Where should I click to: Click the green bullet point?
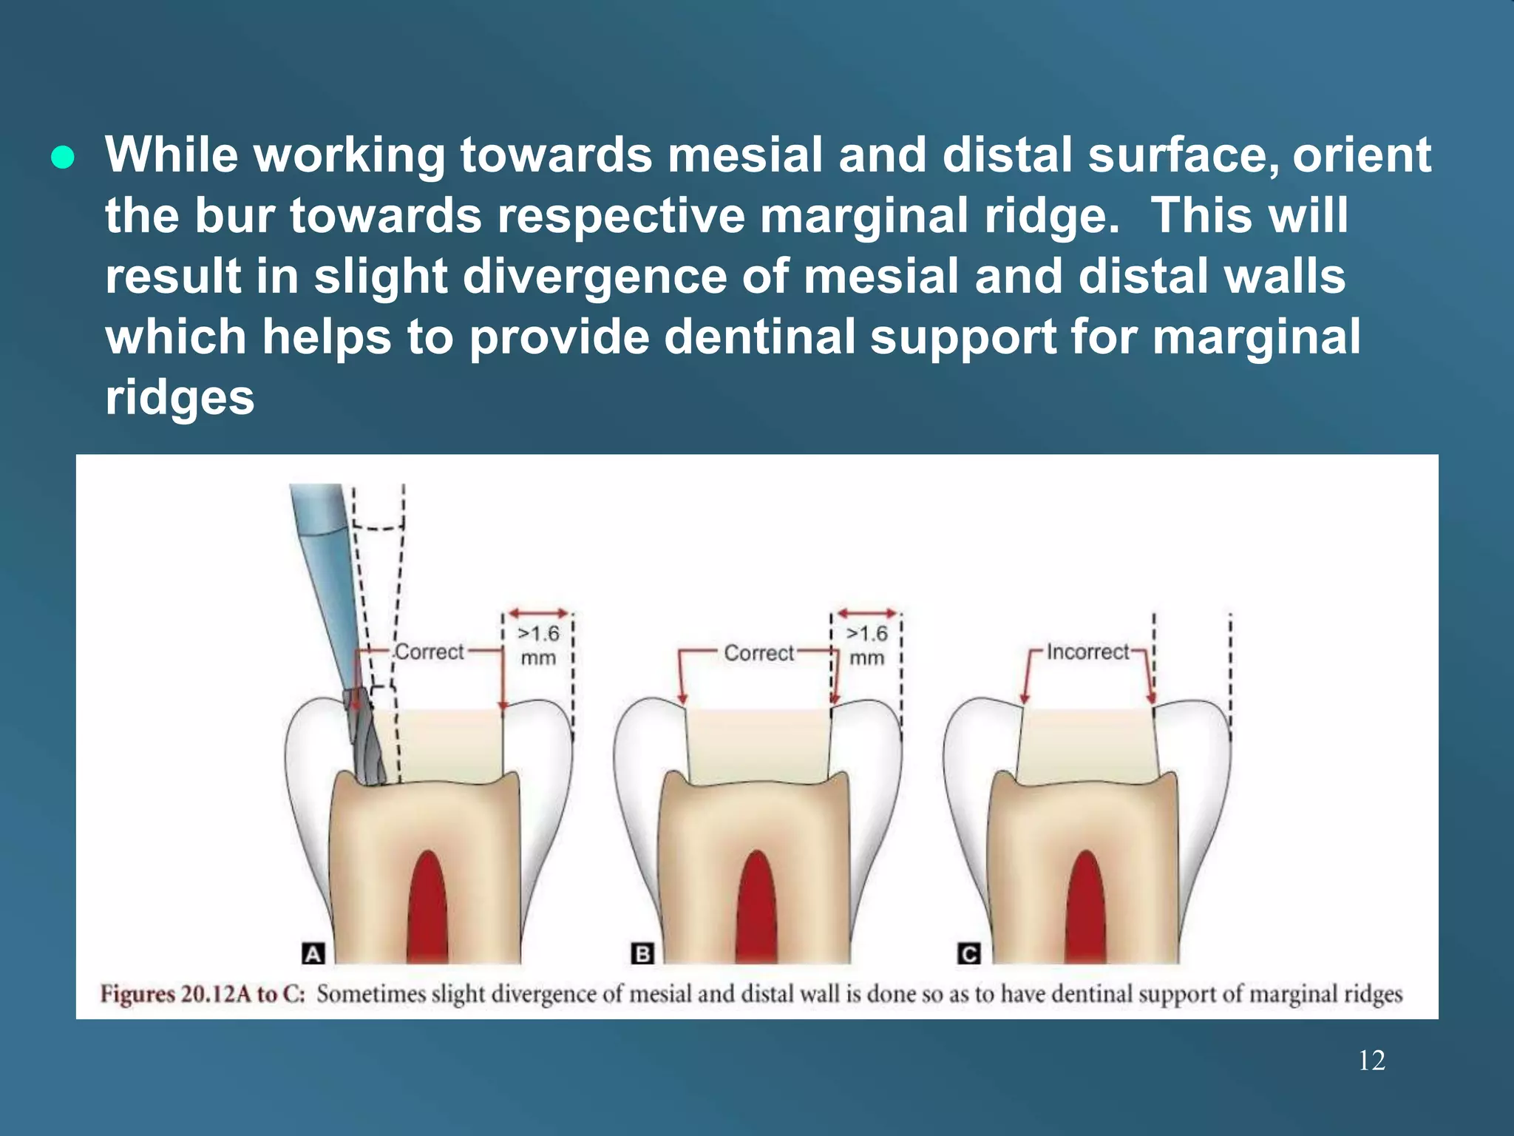(63, 158)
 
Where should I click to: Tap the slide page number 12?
(1371, 1061)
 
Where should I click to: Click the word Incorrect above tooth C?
(1087, 652)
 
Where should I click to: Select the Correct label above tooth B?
(758, 652)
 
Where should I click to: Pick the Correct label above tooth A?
(429, 652)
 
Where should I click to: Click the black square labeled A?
(313, 953)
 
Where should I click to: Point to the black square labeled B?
(642, 953)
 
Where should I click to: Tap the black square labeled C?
(968, 953)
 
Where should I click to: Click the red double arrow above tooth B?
(866, 613)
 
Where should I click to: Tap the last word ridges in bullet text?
(180, 397)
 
